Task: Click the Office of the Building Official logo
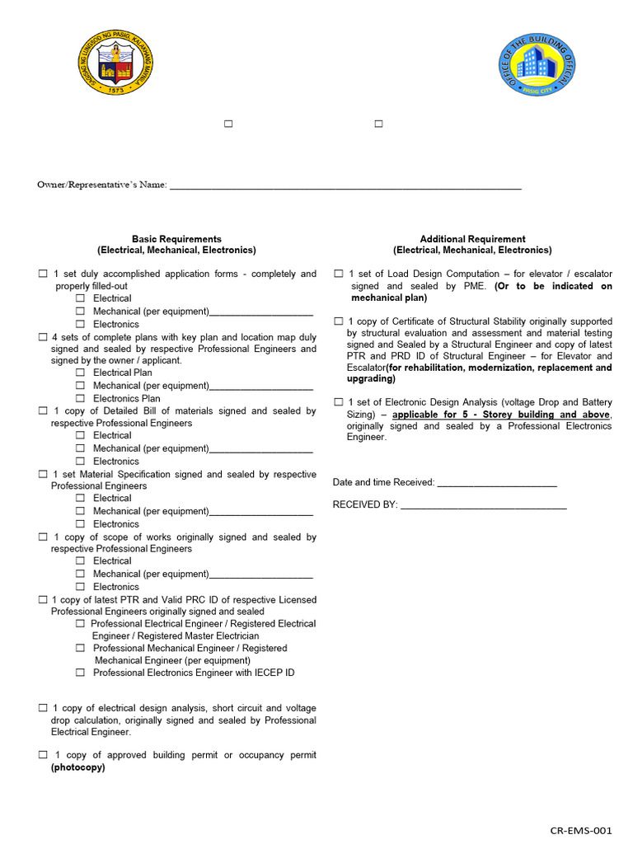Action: point(537,65)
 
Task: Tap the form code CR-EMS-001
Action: point(581,831)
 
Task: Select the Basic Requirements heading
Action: point(176,239)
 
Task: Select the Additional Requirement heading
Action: point(472,239)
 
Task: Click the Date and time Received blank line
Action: point(496,483)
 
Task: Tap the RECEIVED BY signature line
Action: point(483,505)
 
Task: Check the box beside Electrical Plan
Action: point(81,373)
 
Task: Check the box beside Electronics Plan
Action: point(81,398)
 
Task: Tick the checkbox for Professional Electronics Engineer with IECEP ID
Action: point(81,673)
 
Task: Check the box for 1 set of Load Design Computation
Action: point(338,274)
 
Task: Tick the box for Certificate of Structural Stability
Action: point(338,321)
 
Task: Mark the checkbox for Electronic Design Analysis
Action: point(338,401)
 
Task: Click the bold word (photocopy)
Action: point(78,767)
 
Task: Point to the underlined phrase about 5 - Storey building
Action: point(501,415)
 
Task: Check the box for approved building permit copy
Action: point(43,755)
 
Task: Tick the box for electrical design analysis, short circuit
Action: point(43,708)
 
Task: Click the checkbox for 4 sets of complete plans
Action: point(43,337)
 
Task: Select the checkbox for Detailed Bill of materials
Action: point(43,410)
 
